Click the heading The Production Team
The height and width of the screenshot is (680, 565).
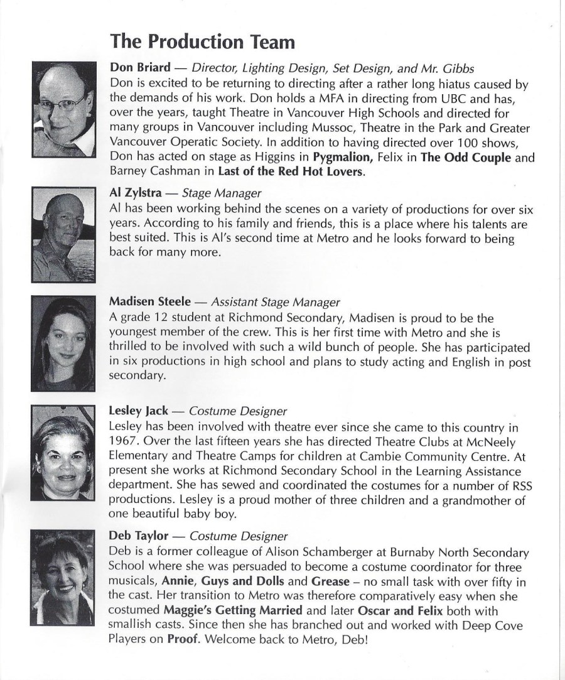coord(202,41)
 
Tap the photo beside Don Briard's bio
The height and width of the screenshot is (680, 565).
coord(63,108)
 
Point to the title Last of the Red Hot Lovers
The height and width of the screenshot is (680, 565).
coord(291,172)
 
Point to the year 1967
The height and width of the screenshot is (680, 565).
coord(124,440)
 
